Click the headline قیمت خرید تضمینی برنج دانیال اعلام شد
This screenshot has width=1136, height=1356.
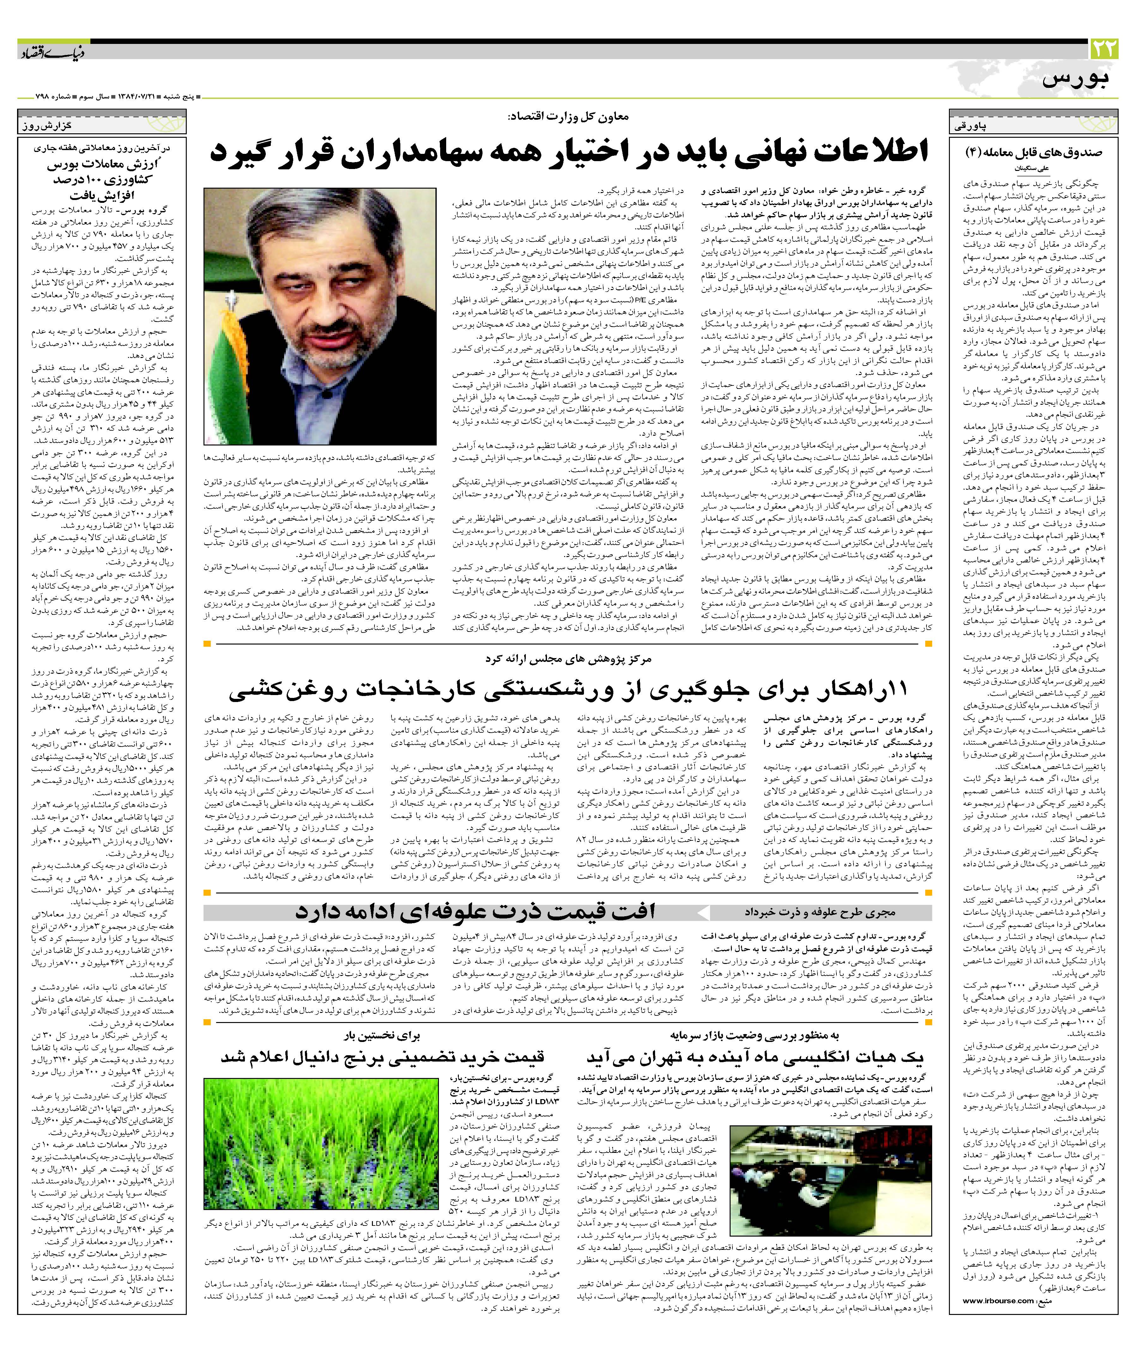(x=382, y=1057)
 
